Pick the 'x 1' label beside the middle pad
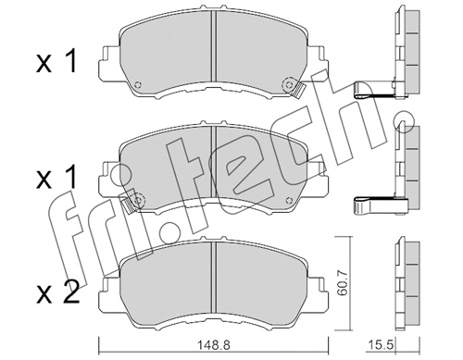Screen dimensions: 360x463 (55, 176)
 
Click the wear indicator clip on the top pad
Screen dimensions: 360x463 (297, 90)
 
